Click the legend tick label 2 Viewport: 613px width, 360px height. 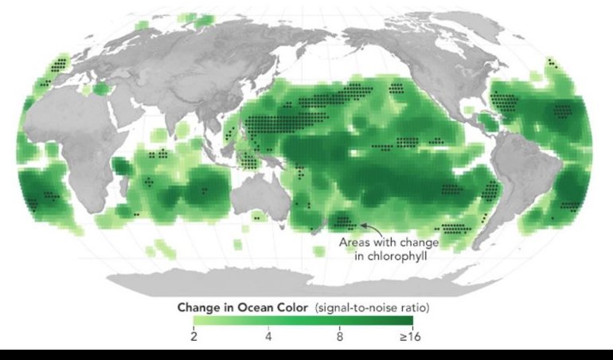pos(194,337)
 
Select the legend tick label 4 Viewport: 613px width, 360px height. pos(268,337)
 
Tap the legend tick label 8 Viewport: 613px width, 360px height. pos(340,337)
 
